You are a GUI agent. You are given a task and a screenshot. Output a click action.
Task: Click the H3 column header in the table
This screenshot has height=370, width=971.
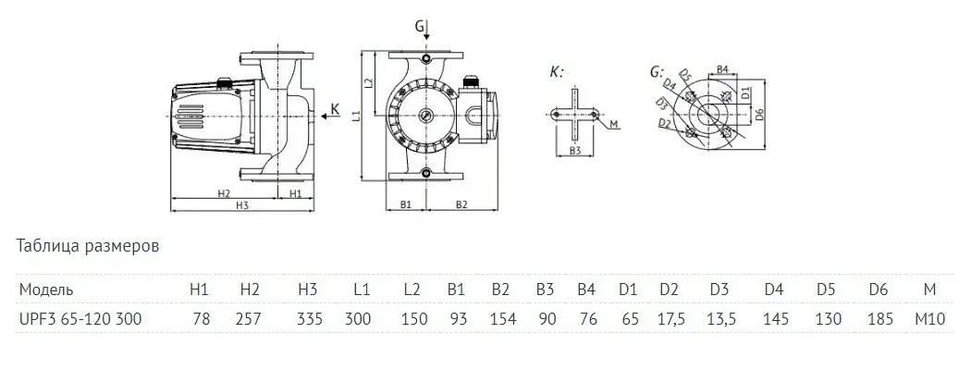[308, 290]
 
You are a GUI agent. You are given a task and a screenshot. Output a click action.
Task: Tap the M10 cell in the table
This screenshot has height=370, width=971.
[929, 319]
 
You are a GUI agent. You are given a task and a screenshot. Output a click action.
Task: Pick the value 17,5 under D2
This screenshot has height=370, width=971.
[670, 319]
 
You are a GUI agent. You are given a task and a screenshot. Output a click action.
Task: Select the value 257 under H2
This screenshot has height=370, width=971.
[250, 319]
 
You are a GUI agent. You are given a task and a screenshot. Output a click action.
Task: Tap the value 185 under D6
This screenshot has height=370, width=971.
[879, 319]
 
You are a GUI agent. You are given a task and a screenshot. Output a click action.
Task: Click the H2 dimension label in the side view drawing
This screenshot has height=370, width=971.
[223, 194]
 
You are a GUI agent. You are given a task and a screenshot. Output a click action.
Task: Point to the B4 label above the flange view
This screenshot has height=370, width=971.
[724, 69]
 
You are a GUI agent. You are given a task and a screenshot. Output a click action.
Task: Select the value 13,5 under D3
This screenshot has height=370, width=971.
[719, 319]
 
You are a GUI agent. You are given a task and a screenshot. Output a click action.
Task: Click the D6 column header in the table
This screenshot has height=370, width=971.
[879, 290]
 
